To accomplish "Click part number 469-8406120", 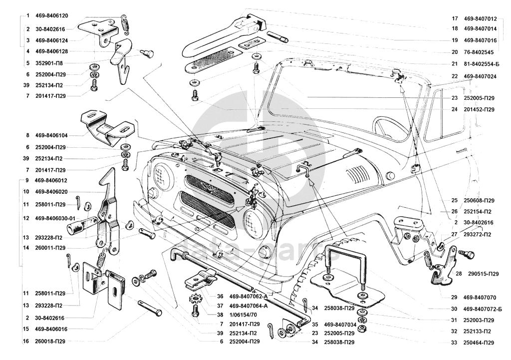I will (x=51, y=16).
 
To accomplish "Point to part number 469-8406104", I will (x=51, y=135).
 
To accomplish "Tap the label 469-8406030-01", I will (x=55, y=218).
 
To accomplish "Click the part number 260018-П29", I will (x=50, y=342).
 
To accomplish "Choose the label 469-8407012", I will (x=480, y=18).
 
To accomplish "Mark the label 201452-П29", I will (x=479, y=109).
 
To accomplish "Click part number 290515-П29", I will (x=483, y=275).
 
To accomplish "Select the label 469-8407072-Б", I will (x=483, y=309).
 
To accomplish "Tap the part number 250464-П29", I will (x=479, y=343).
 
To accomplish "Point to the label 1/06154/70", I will (x=245, y=315).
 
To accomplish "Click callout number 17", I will (x=455, y=18).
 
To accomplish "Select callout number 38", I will (x=220, y=315).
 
